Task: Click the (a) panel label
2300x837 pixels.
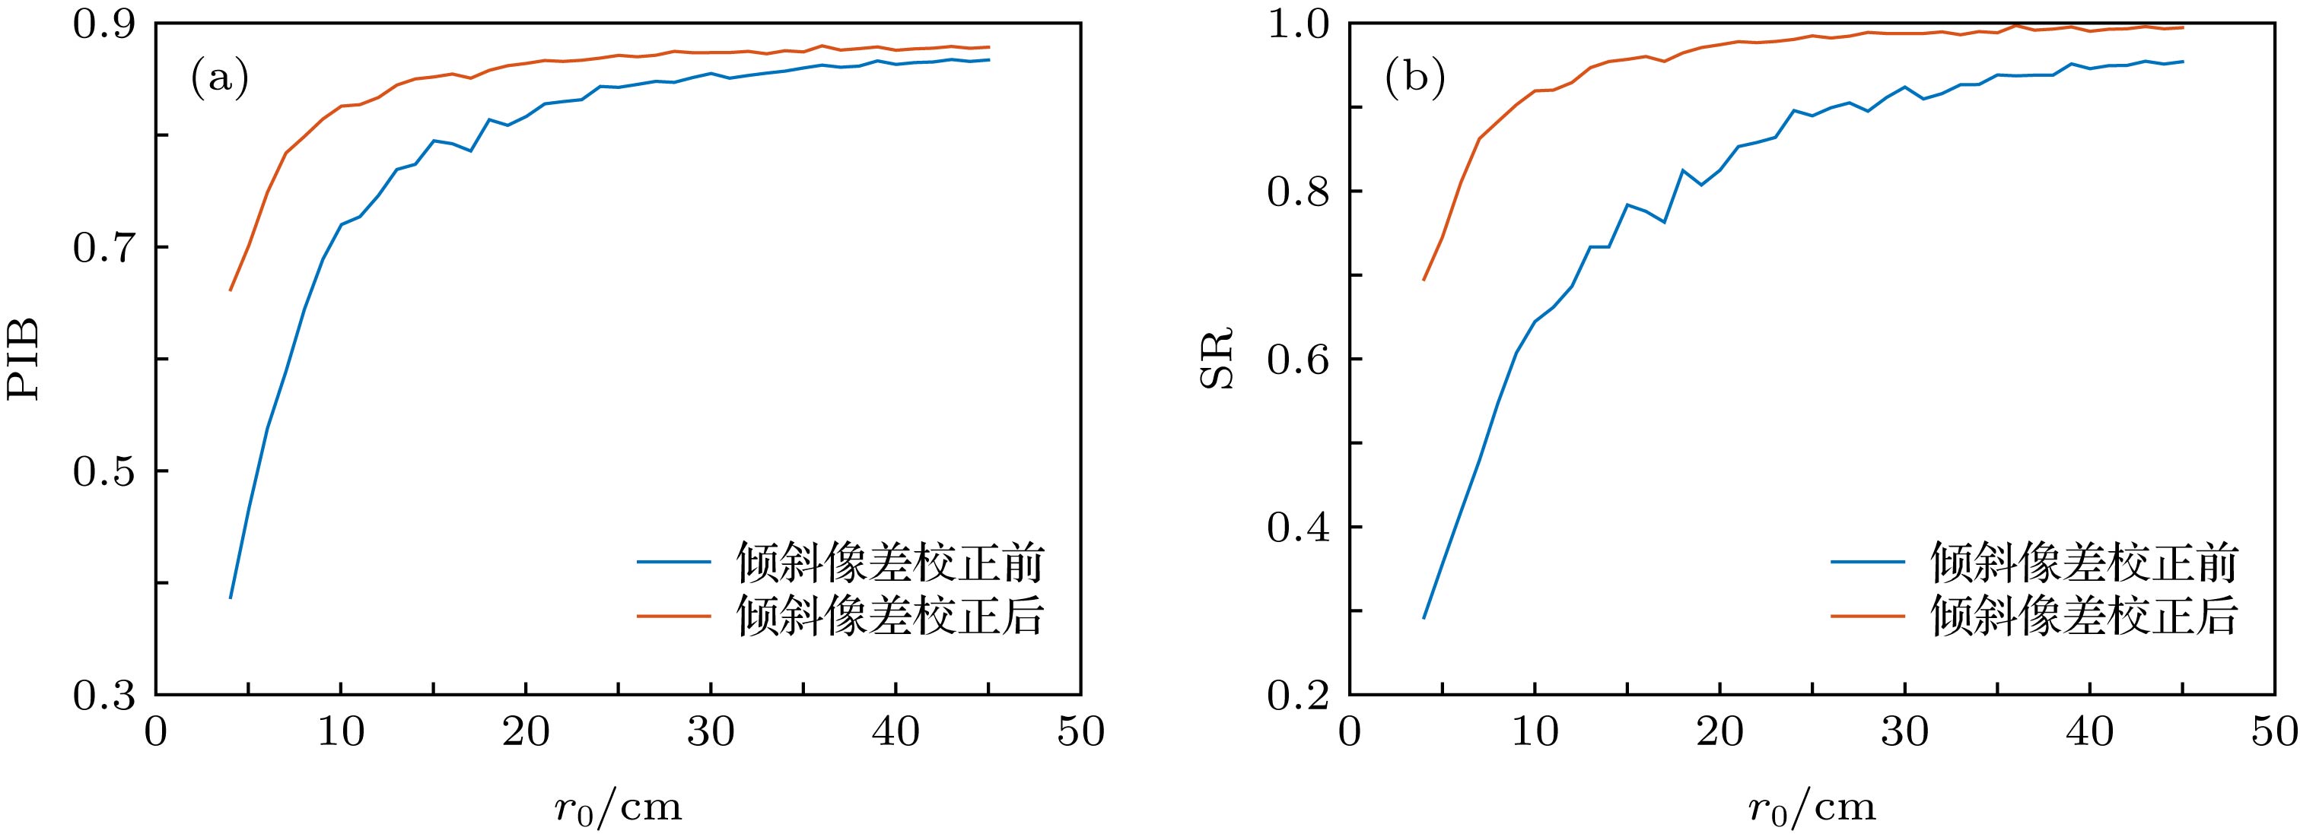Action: click(x=220, y=78)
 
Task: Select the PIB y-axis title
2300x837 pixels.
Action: click(x=24, y=359)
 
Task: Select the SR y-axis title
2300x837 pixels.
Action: click(x=1216, y=359)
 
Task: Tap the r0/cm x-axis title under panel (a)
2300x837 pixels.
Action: click(x=618, y=807)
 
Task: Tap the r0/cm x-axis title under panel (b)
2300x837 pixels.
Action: click(x=1812, y=807)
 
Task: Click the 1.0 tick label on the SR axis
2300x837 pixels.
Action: click(x=1298, y=24)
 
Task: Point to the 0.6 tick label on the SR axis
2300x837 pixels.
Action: click(x=1298, y=360)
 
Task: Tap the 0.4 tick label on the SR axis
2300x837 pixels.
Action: click(x=1298, y=528)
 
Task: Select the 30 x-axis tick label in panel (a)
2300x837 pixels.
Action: click(x=711, y=733)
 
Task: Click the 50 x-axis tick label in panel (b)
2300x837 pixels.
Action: click(x=2273, y=733)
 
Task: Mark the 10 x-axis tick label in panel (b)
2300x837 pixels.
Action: click(x=1535, y=733)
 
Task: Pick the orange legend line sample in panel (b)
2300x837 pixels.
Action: click(x=1868, y=615)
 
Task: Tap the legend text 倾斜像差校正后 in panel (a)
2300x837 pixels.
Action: click(x=890, y=615)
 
